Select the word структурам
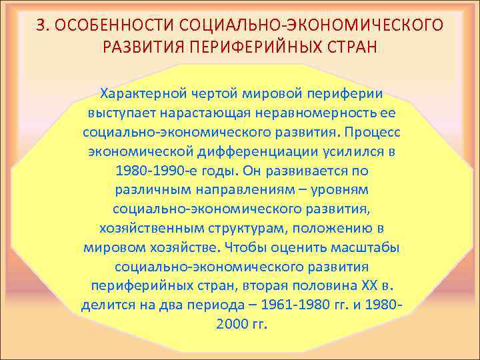coord(237,228)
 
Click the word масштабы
coord(364,247)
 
